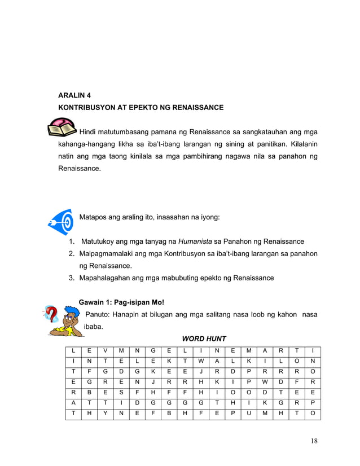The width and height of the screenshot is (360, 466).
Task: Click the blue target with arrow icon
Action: pos(61,221)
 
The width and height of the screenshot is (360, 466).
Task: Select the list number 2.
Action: pos(72,254)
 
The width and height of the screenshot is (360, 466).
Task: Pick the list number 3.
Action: pos(72,278)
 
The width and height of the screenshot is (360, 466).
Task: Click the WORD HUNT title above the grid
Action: pos(204,338)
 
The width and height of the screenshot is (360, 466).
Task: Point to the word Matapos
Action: pos(95,217)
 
